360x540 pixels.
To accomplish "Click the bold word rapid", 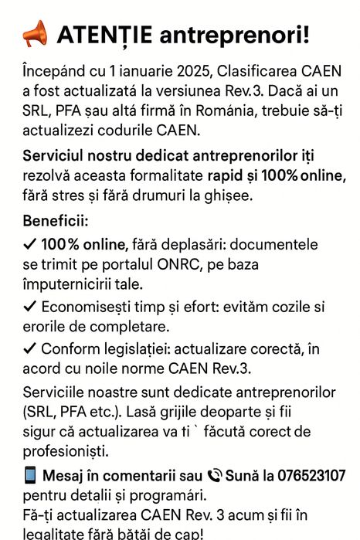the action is [x=229, y=177].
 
